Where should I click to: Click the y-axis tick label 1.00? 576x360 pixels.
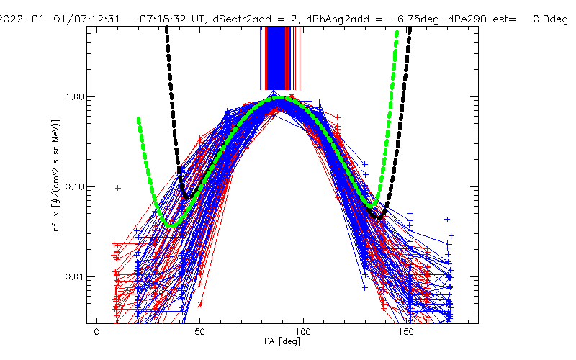[x=75, y=96]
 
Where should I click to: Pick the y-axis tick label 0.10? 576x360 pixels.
[x=75, y=186]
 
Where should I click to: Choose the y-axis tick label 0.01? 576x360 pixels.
[x=75, y=276]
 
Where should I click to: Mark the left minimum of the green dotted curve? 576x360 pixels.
[x=171, y=225]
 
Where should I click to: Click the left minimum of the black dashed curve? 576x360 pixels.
[x=187, y=196]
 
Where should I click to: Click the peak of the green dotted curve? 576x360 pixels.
[x=282, y=99]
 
